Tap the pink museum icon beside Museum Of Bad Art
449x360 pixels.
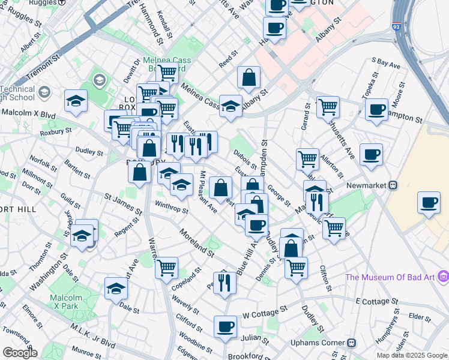(443, 276)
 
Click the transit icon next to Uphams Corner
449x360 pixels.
(352, 343)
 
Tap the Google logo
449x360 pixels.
(19, 353)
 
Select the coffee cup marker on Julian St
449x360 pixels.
(226, 326)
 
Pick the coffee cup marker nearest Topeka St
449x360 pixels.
(376, 109)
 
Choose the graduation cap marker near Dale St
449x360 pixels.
(116, 289)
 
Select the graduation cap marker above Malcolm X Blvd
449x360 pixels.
(76, 100)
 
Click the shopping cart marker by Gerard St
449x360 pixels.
(328, 107)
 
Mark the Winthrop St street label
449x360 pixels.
(172, 211)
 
